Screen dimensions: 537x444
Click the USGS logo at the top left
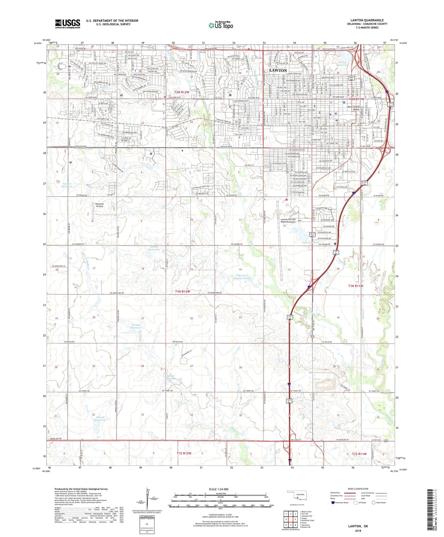(68, 24)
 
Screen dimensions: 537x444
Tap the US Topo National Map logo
(221, 25)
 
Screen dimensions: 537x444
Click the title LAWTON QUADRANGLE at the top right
(367, 20)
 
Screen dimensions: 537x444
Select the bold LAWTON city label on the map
(278, 70)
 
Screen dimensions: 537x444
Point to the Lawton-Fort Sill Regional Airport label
(288, 221)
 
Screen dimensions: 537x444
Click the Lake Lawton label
(309, 243)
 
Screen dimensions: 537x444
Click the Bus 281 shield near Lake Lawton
(312, 235)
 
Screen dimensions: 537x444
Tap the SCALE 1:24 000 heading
(218, 489)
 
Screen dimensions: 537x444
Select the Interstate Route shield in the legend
(333, 503)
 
